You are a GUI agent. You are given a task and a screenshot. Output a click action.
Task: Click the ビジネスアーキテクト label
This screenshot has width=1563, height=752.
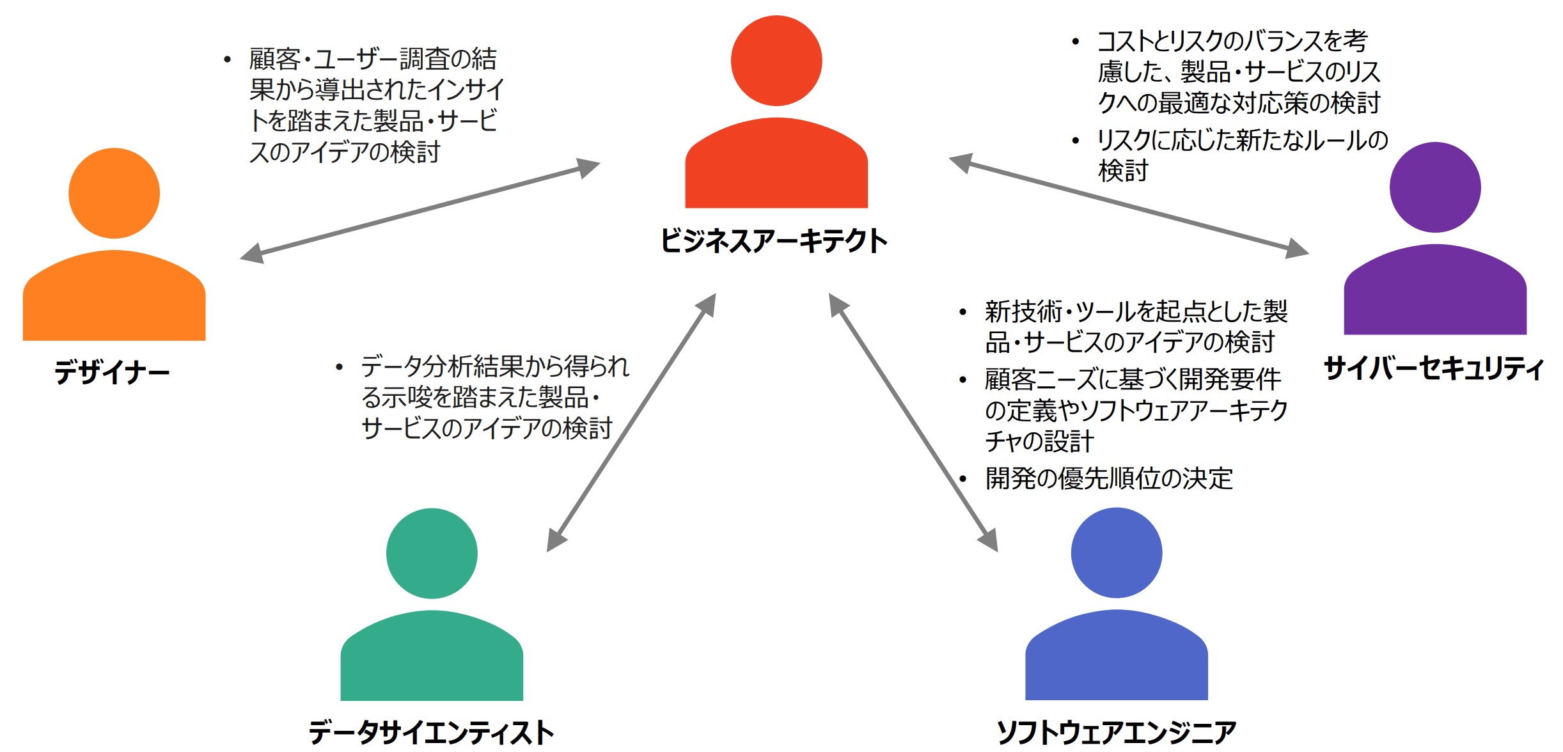[774, 241]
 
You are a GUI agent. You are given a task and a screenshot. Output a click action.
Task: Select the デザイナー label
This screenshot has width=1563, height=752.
[112, 373]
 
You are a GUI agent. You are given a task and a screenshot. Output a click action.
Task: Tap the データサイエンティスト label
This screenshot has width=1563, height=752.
[431, 732]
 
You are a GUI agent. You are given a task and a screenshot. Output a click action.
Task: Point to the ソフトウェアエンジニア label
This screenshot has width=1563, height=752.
[1116, 732]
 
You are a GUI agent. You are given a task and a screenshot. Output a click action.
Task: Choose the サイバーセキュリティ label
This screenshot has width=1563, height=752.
[1433, 368]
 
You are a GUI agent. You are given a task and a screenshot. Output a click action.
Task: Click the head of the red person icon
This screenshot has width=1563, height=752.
[776, 61]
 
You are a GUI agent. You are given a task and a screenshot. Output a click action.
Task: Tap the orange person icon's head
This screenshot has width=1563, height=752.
[114, 193]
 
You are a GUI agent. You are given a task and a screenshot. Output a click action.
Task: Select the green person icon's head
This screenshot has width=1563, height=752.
[432, 553]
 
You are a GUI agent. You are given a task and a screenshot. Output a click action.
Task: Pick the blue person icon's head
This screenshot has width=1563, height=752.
[1116, 552]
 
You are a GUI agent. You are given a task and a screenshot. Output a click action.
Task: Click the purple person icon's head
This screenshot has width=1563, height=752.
[1434, 187]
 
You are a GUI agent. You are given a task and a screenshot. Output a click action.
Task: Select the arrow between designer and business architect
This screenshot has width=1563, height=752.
[420, 211]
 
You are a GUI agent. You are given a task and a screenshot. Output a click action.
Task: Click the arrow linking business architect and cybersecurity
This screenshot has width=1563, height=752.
[1128, 205]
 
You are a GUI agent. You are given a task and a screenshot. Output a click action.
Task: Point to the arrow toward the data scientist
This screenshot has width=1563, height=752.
[631, 422]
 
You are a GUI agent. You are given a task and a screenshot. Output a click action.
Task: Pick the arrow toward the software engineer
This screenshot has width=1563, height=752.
[913, 422]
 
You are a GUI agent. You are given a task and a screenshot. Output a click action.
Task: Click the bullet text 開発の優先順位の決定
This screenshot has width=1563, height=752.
[1108, 478]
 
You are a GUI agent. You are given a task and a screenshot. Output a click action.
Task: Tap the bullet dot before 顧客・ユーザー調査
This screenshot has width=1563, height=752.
[227, 60]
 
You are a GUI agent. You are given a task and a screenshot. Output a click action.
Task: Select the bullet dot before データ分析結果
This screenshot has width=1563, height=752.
[339, 368]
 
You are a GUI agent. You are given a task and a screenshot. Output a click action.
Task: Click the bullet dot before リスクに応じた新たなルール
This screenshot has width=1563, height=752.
[1076, 141]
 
